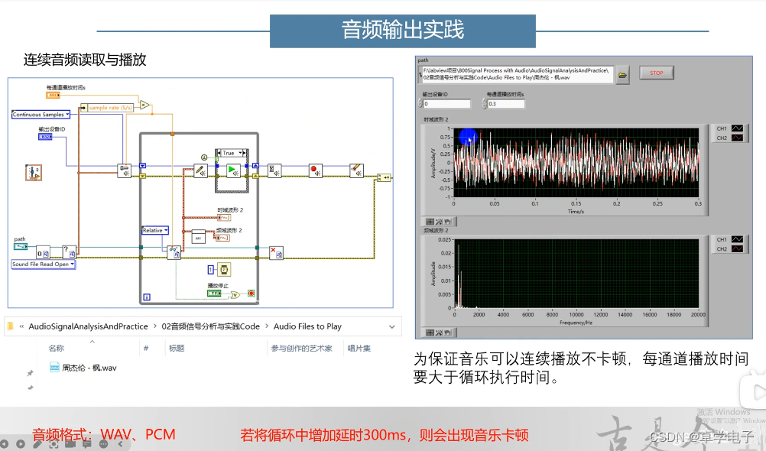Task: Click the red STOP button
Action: [657, 73]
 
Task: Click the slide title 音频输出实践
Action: [402, 30]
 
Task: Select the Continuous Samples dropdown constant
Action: [41, 115]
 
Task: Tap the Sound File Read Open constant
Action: [43, 264]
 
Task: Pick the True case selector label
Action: [230, 153]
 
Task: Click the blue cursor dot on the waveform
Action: [468, 138]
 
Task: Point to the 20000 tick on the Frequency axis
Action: [697, 315]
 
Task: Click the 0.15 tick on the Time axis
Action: [576, 203]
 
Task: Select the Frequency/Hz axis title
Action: [575, 323]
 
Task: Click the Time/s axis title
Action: [575, 211]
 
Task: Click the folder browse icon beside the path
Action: [622, 75]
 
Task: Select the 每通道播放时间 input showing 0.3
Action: [505, 104]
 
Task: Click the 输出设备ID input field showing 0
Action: [446, 104]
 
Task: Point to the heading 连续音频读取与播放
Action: [84, 59]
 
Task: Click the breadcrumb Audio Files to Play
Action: [307, 326]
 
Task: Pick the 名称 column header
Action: [57, 349]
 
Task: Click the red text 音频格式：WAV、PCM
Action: [103, 435]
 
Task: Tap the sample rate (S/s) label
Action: [110, 108]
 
